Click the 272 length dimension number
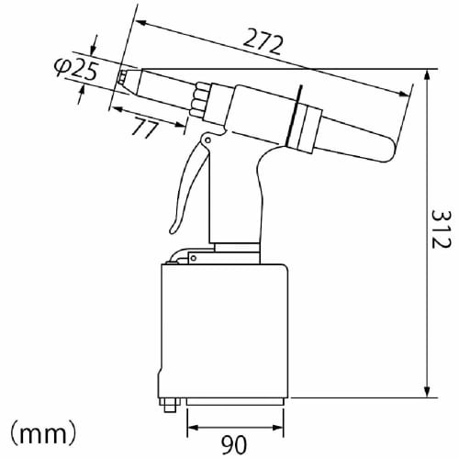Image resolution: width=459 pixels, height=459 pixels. tap(263, 40)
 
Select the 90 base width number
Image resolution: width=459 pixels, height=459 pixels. tap(233, 446)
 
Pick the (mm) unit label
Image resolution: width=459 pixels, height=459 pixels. tap(42, 429)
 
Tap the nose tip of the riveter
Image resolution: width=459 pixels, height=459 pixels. tap(121, 76)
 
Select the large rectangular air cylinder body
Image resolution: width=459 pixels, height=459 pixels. tap(226, 330)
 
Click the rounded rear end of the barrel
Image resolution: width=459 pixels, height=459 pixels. tap(390, 147)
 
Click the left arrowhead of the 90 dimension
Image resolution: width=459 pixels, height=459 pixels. tap(192, 427)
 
